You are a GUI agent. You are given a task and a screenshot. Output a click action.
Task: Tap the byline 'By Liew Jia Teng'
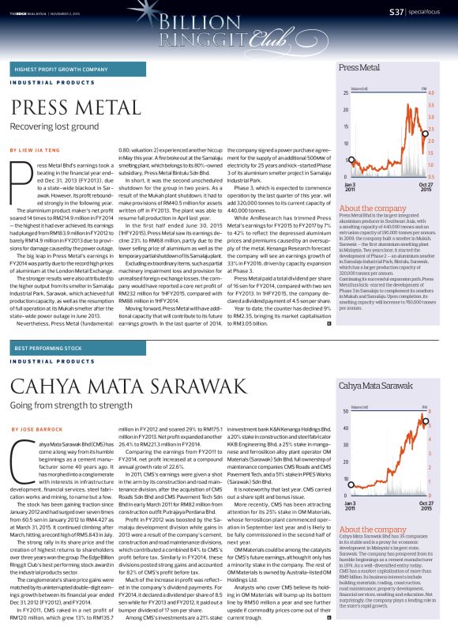(x=37, y=149)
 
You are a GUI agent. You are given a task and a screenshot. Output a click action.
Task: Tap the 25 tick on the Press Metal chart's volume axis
(x=346, y=93)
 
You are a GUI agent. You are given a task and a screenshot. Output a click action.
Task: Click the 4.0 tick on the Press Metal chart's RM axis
(x=431, y=93)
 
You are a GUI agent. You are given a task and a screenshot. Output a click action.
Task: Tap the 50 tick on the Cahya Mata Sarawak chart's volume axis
(x=346, y=412)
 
